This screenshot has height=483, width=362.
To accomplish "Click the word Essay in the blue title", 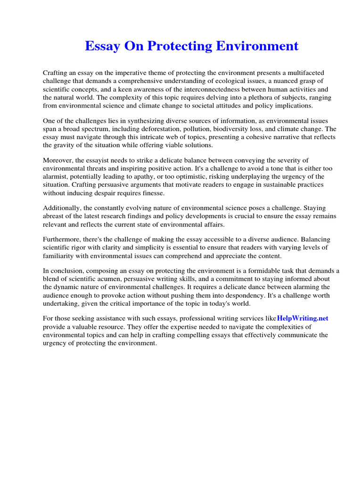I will (100, 46).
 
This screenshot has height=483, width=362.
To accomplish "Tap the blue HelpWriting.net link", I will (303, 318).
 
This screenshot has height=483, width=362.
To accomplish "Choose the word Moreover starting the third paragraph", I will (58, 161).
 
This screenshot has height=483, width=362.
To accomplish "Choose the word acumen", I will (106, 279).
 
